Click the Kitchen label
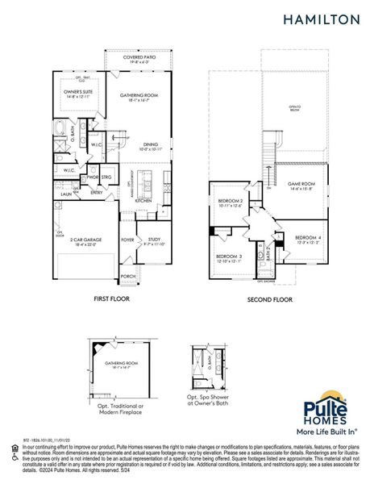pos(143,200)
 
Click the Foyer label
pos(127,239)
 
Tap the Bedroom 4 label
pos(308,237)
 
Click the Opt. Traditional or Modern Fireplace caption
pos(118,408)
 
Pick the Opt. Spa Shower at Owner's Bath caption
pos(209,400)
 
